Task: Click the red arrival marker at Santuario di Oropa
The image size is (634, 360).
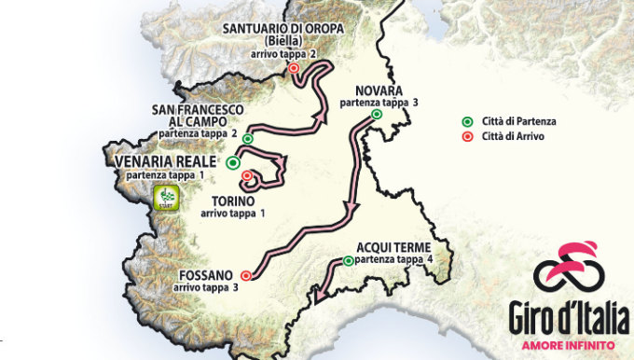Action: click(294, 68)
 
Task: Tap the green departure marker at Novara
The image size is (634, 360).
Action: click(377, 114)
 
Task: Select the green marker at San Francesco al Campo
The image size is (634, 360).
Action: click(247, 139)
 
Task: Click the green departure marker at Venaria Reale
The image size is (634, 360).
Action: click(232, 162)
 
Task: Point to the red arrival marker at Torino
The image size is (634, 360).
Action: click(246, 175)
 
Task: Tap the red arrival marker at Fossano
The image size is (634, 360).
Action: click(246, 275)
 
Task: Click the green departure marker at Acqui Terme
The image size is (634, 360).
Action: click(348, 261)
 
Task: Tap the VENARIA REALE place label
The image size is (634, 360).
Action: click(160, 161)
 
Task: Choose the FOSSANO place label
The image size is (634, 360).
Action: click(204, 276)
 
